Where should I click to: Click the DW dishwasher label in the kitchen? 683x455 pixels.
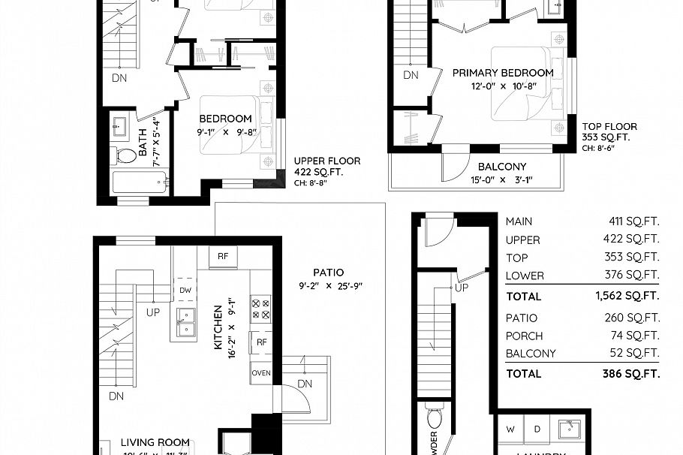pos(185,290)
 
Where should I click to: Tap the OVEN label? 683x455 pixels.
pos(261,373)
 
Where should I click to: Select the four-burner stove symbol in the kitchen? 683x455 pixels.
pos(260,308)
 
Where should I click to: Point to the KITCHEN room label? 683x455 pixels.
pos(218,327)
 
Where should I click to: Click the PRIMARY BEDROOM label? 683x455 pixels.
pos(503,74)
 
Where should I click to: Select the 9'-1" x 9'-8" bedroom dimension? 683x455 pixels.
pos(225,132)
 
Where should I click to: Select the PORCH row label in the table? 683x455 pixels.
pos(524,336)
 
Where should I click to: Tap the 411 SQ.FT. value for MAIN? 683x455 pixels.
pos(633,221)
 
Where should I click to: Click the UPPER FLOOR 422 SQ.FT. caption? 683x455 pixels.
pos(326,167)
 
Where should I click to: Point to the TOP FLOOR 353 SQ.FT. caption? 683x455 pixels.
pos(609,132)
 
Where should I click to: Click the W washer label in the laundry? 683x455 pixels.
pos(510,429)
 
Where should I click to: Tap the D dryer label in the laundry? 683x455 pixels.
pos(536,429)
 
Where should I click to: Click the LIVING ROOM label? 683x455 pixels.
pos(155,444)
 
